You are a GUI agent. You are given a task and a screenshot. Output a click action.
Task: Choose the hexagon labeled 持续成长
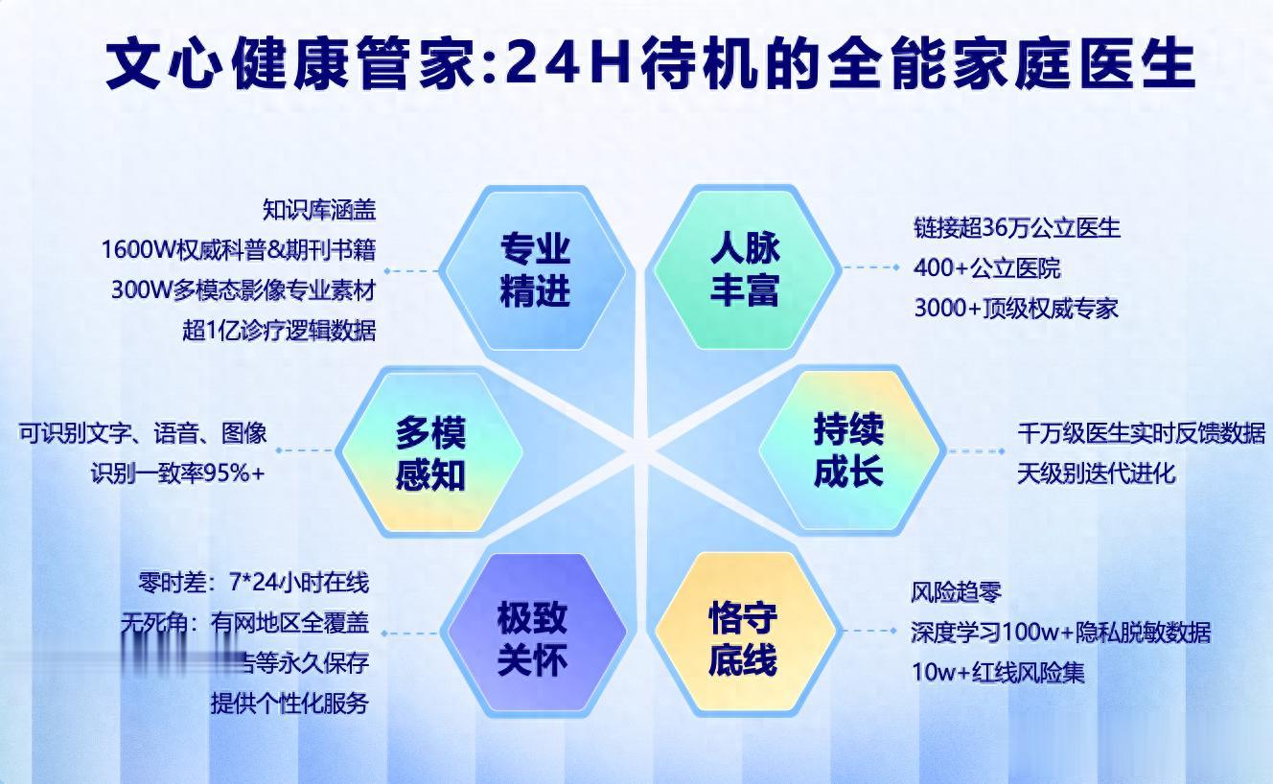[x=848, y=451]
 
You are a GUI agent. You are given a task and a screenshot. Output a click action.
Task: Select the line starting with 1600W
[x=239, y=249]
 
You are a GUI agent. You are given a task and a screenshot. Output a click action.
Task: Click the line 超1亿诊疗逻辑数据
[x=279, y=331]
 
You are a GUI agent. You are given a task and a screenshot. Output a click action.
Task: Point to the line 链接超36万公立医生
[x=1017, y=228]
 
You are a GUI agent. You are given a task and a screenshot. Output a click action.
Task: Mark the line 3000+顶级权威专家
[x=1016, y=309]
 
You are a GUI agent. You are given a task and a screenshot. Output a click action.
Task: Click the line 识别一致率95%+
[x=178, y=473]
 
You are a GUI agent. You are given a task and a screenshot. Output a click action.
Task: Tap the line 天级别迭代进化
[x=1097, y=473]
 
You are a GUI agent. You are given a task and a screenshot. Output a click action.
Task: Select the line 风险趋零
[x=956, y=592]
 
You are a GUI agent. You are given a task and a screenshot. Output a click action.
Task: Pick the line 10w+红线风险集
[x=999, y=673]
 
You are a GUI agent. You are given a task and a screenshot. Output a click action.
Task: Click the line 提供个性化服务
[x=289, y=703]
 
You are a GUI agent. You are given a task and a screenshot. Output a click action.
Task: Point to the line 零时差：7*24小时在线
[x=254, y=582]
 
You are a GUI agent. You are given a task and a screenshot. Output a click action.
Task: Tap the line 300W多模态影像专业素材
[x=243, y=290]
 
